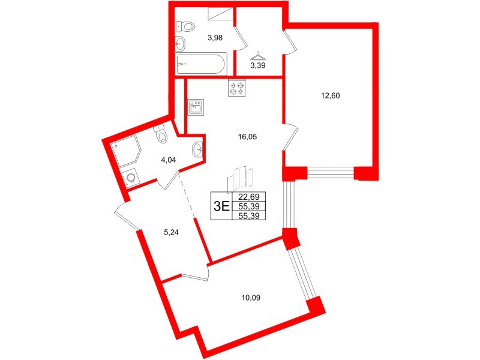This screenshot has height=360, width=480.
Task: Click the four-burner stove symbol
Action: click(x=237, y=88)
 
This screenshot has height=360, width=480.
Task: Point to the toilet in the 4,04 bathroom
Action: click(x=160, y=136)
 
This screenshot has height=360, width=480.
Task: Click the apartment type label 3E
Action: click(x=221, y=206)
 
